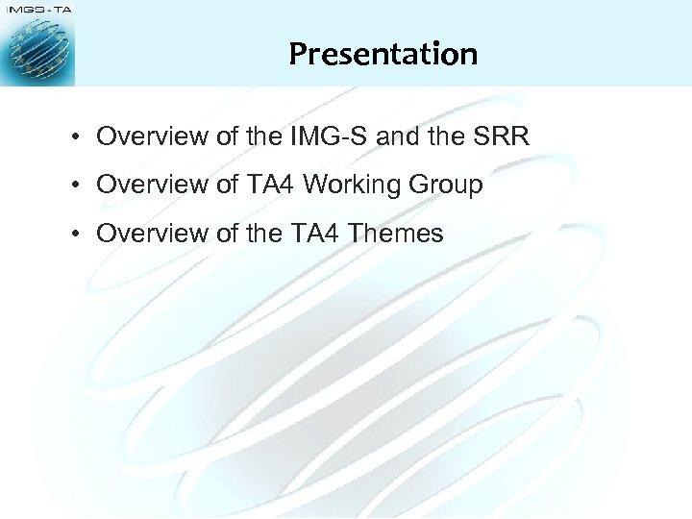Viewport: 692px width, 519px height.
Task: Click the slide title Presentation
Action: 383,53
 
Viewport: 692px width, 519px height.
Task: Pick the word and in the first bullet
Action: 399,136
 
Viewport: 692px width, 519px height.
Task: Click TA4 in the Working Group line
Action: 271,185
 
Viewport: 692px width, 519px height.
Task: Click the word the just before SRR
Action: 445,136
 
